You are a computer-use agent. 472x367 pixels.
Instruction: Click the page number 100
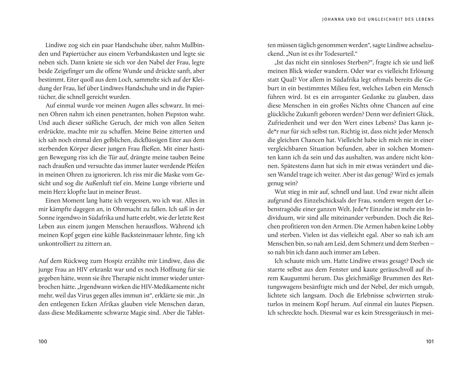tap(43, 342)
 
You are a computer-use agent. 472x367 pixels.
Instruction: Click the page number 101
tap(430, 342)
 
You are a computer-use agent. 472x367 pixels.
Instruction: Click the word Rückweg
tap(76, 261)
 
